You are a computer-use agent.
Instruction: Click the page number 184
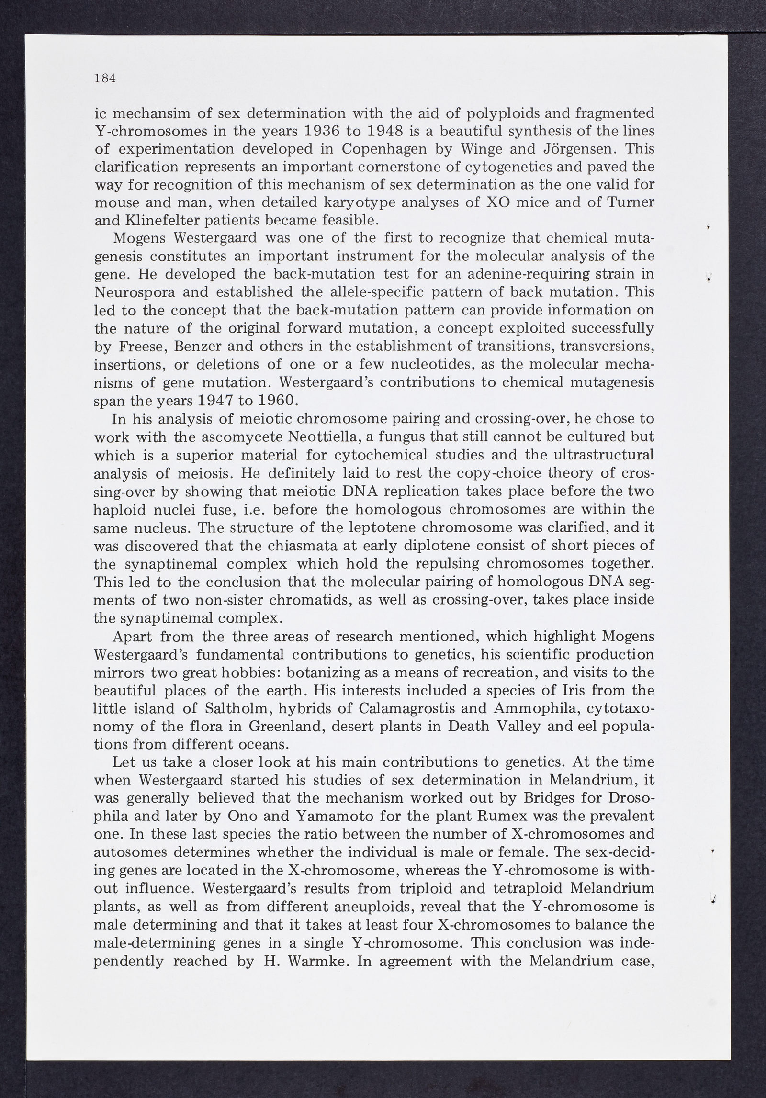click(105, 79)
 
